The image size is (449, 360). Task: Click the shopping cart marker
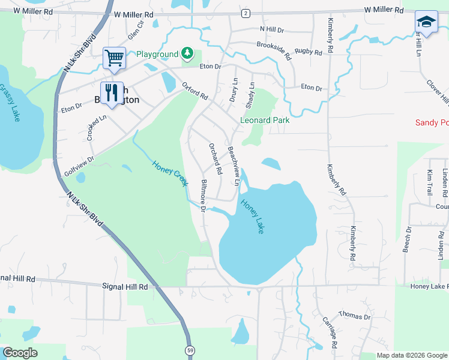point(114,58)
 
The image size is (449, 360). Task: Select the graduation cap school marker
point(426,23)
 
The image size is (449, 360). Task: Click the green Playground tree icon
point(188,54)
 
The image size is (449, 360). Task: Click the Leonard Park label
point(265,120)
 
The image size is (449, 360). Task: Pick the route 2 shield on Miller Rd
point(246,13)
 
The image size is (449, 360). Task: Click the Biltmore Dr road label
point(203,196)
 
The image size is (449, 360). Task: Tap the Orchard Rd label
point(215,158)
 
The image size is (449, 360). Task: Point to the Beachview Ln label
point(235,166)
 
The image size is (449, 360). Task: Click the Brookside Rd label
point(274,51)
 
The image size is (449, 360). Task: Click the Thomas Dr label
point(355,315)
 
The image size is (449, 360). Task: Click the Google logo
point(20,353)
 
